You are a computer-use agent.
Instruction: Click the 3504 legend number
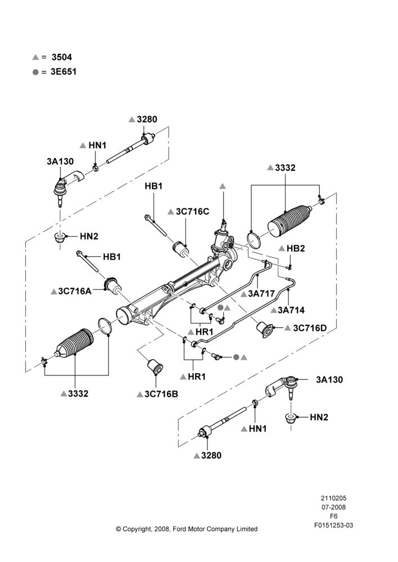[x=62, y=57]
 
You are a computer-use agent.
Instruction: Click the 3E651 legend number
[x=64, y=72]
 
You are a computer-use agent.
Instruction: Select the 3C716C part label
[x=193, y=211]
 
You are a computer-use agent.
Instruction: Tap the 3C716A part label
[x=75, y=291]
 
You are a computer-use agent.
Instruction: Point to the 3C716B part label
[x=161, y=394]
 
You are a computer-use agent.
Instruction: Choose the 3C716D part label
[x=310, y=328]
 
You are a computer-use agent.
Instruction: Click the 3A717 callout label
[x=261, y=293]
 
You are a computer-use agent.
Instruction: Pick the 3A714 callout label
[x=291, y=310]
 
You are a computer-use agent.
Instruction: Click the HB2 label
[x=296, y=248]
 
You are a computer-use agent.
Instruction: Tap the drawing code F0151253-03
[x=334, y=525]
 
